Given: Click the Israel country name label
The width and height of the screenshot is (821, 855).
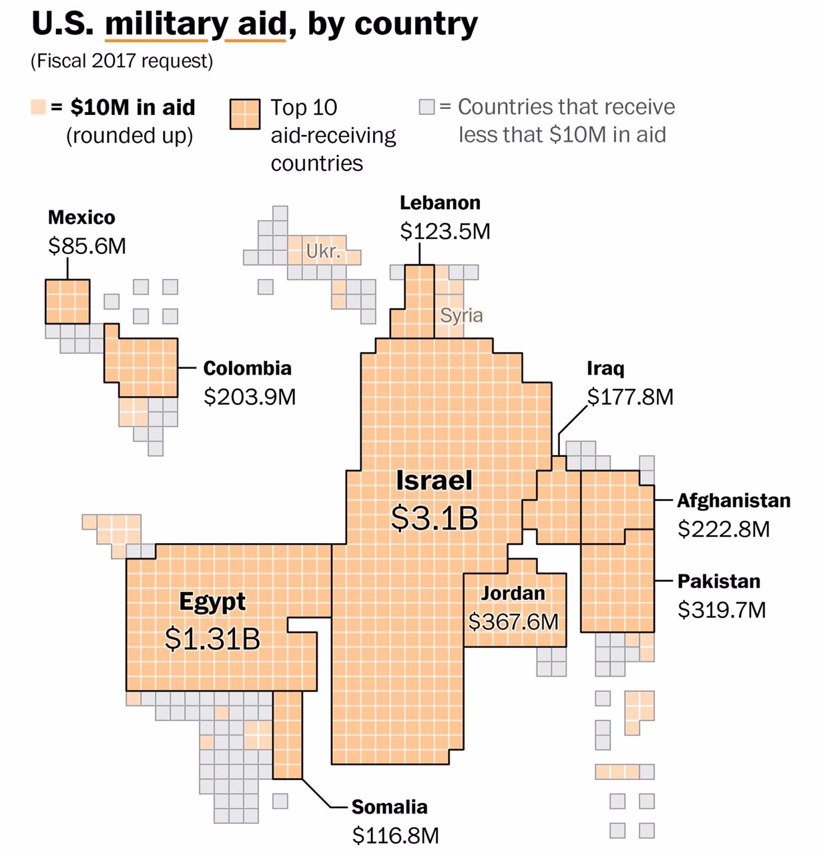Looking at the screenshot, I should (x=434, y=481).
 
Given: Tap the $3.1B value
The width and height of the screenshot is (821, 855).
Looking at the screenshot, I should (x=435, y=518).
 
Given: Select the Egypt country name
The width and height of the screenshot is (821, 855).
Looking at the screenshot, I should (x=212, y=602).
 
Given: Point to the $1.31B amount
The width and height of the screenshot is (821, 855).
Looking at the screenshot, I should (x=212, y=639).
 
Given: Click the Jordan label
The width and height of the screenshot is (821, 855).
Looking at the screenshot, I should (x=513, y=593).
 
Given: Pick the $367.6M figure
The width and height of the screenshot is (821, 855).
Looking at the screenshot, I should (x=513, y=622).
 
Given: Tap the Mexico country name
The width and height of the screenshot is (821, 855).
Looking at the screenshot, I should (x=81, y=218).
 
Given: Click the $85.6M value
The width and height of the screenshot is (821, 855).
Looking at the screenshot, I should (x=87, y=246).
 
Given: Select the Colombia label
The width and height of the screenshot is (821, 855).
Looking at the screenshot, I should (x=247, y=369).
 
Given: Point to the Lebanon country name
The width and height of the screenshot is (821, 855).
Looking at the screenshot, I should (x=440, y=203).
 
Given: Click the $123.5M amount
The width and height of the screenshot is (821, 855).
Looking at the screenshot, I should (x=445, y=232).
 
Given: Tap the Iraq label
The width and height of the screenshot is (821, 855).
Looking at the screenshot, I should (x=605, y=369).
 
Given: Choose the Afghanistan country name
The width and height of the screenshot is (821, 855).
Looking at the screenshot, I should (x=734, y=501).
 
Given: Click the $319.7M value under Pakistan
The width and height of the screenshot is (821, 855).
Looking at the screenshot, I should (x=722, y=611).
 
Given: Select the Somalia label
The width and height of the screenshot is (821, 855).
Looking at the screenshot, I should (x=389, y=808).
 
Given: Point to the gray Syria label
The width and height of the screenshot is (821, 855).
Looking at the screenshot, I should (x=461, y=315).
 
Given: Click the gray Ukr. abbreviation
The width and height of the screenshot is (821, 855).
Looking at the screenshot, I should (x=324, y=252).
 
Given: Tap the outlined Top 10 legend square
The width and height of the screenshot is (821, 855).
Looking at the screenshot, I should (x=244, y=114).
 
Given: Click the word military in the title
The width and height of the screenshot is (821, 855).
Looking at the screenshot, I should (x=166, y=24).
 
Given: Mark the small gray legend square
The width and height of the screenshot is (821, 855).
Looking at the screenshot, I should (x=427, y=107).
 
